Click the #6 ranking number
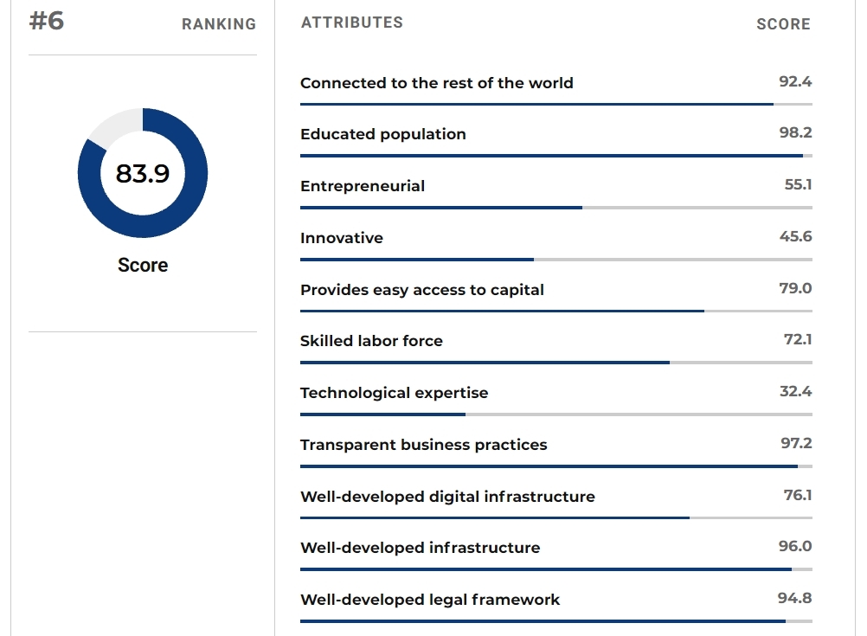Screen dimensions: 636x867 47,22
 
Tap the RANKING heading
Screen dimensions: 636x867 219,24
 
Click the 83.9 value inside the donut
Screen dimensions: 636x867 143,174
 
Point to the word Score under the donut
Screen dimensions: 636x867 143,266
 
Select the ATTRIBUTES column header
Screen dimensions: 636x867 352,22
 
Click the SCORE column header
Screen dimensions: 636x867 783,24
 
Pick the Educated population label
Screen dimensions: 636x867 383,134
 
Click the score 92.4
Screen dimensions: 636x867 795,81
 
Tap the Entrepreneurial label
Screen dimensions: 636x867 363,186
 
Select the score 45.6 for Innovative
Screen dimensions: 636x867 795,236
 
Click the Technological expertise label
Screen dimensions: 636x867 394,393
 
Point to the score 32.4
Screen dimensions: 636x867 795,391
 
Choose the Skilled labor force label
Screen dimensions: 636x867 371,341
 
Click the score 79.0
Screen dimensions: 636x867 795,288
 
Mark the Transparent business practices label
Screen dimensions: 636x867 424,445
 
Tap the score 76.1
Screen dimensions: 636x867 797,495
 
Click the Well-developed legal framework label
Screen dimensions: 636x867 430,600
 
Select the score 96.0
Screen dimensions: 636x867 795,546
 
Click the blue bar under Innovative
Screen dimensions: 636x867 417,260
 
